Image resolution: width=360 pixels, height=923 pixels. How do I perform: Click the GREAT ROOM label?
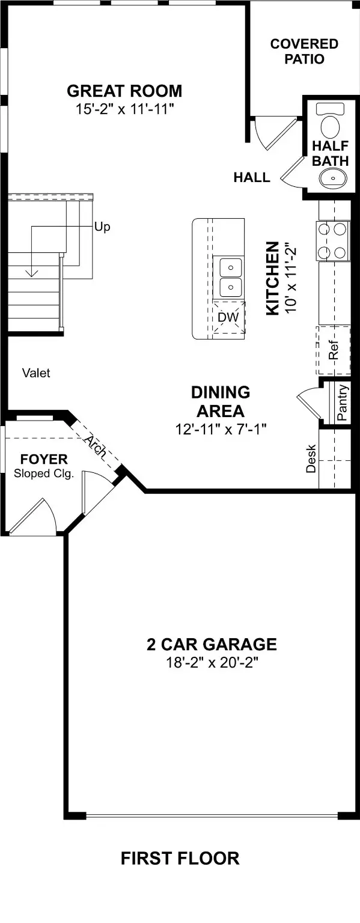(124, 91)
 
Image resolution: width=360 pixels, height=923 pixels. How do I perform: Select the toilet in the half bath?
(329, 123)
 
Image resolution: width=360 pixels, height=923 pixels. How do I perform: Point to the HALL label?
(251, 177)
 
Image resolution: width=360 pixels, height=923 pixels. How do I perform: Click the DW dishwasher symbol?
(228, 317)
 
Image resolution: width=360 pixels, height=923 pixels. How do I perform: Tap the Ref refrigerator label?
(334, 350)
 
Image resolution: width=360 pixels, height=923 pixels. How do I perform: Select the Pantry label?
(342, 402)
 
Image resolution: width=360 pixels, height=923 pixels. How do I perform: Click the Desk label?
(311, 458)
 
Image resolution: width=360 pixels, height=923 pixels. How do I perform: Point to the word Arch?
(96, 446)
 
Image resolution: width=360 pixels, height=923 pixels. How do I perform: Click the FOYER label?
(43, 460)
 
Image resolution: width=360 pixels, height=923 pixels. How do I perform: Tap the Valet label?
(36, 373)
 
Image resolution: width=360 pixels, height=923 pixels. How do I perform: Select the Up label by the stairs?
(102, 228)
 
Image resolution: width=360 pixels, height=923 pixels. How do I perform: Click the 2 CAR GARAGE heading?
(212, 645)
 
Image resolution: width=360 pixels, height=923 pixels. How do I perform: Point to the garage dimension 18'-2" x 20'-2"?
(212, 663)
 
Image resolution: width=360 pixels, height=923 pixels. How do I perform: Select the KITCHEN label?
(272, 278)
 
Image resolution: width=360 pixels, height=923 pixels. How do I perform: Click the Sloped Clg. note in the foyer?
(43, 474)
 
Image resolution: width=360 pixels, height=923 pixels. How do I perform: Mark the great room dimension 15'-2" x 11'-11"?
(124, 109)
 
